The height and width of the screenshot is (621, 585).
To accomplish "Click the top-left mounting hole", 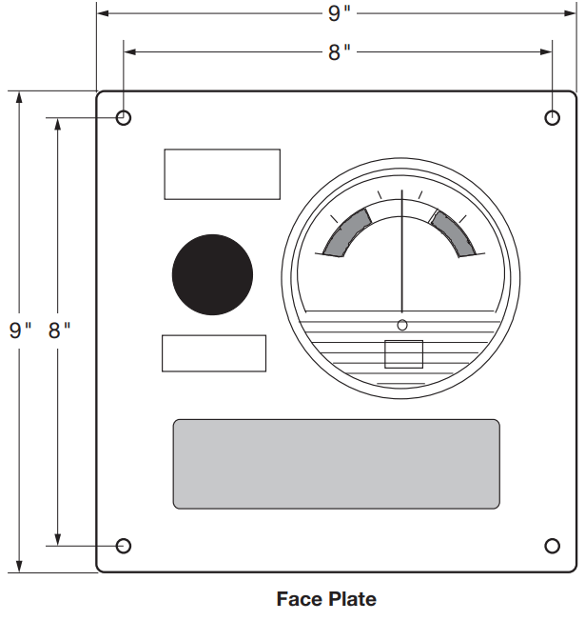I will (124, 118).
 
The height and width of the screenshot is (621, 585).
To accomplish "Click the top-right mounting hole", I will (553, 117).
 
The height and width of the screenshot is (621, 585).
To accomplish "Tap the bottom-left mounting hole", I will (124, 546).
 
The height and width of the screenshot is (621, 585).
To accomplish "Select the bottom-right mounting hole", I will (553, 546).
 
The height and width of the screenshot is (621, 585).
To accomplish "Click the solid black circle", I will (212, 275).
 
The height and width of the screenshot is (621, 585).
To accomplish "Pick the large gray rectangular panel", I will (336, 464).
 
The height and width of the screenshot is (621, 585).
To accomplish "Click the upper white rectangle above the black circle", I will (222, 174).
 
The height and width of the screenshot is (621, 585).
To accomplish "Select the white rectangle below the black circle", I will (214, 353).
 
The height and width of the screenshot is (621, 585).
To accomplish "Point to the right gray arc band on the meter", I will (453, 231).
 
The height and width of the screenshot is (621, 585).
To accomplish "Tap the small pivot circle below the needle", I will (402, 326).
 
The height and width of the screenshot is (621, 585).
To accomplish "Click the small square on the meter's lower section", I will (403, 354).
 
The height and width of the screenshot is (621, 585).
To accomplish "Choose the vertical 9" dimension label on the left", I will (20, 331).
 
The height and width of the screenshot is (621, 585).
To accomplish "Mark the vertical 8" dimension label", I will (59, 331).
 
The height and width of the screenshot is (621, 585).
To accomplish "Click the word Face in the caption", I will (298, 599).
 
